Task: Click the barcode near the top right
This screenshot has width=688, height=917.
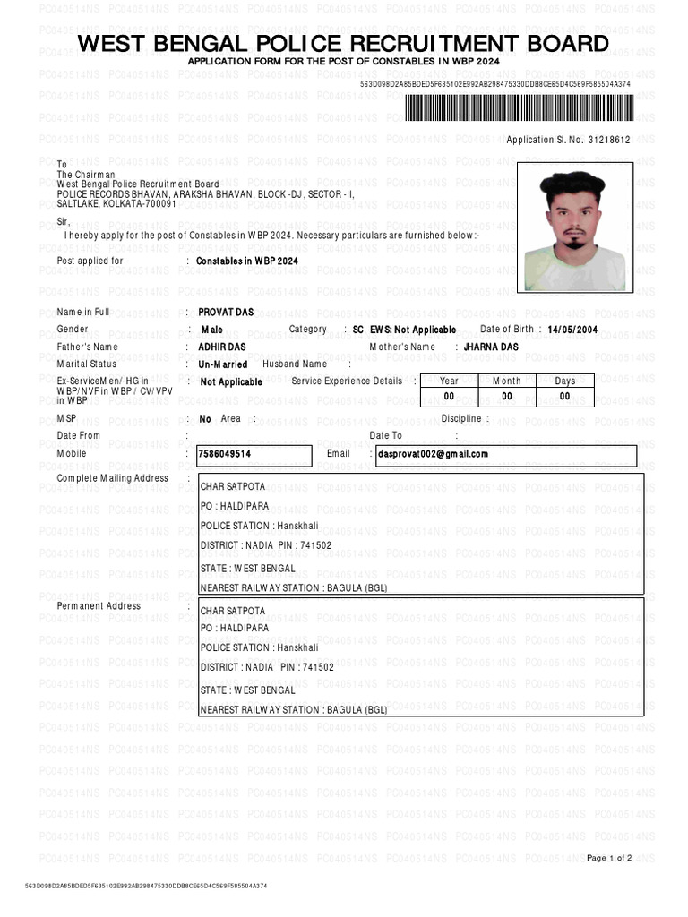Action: click(518, 108)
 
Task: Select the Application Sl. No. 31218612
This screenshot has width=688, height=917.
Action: click(568, 141)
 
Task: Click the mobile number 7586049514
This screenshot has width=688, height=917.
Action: click(225, 454)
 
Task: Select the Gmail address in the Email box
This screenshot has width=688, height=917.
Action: click(434, 454)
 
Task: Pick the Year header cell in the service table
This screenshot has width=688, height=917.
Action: click(449, 381)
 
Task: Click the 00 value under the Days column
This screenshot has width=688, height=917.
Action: click(564, 396)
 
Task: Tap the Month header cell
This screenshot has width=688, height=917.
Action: click(506, 381)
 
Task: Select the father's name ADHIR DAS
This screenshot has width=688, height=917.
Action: click(221, 347)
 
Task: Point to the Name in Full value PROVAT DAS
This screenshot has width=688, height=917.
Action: click(226, 312)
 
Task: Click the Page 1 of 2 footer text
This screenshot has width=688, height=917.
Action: click(609, 858)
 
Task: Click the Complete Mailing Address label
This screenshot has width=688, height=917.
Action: click(112, 478)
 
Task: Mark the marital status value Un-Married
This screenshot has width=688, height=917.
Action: click(223, 364)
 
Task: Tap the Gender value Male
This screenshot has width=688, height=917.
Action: click(211, 330)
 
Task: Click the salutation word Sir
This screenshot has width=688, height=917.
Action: click(63, 220)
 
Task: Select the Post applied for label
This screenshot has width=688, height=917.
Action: click(90, 261)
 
